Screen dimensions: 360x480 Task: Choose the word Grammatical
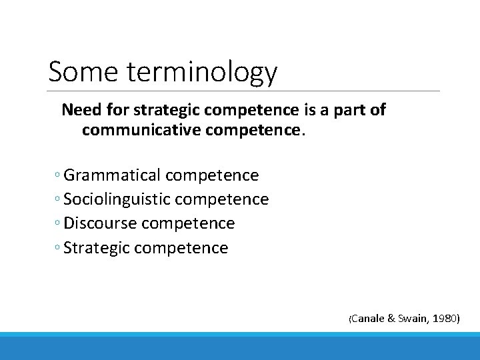(112, 175)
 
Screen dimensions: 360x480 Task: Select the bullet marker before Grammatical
(58, 176)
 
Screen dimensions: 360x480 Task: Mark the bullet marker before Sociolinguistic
(58, 200)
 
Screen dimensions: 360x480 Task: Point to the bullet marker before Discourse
(58, 224)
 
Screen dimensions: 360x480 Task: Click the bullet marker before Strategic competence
(58, 249)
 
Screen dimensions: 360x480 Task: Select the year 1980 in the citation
(445, 319)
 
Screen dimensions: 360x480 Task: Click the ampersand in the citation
(391, 319)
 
